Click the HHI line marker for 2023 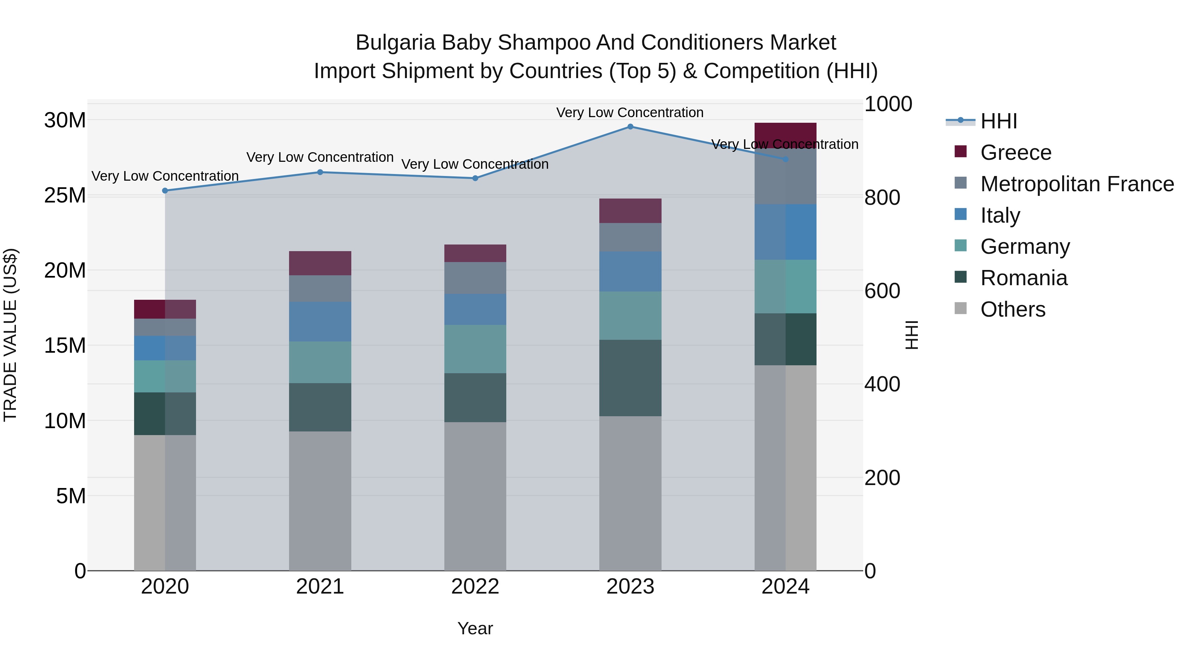630,127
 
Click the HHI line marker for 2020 165,191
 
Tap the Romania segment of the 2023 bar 630,378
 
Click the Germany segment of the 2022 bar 475,349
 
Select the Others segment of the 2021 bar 320,501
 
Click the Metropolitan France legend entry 1077,184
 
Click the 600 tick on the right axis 882,291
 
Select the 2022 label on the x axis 475,587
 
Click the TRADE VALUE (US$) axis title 11,335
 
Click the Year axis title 475,628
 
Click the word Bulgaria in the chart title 395,43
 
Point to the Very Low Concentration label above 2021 320,157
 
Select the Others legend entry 1013,309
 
